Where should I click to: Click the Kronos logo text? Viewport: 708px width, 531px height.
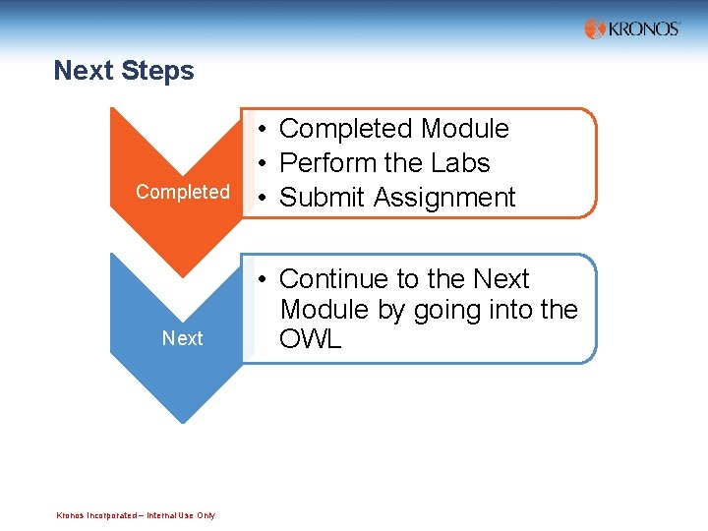[644, 29]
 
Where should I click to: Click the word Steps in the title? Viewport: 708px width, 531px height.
[159, 71]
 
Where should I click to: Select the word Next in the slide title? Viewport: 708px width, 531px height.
[85, 71]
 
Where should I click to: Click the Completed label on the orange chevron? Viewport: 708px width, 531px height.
[182, 192]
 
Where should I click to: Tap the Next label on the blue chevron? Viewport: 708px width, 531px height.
[182, 338]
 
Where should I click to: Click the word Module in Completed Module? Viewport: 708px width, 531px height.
[464, 129]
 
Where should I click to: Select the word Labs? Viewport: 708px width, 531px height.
[460, 163]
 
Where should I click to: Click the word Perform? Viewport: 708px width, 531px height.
[325, 163]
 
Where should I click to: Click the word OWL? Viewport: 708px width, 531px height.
[311, 340]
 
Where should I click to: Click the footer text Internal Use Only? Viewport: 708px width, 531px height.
[181, 515]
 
